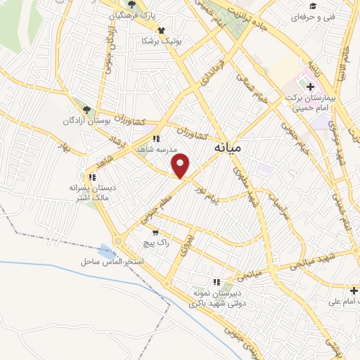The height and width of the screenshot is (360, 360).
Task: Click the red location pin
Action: point(181,165)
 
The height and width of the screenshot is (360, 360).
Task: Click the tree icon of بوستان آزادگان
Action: point(86,110)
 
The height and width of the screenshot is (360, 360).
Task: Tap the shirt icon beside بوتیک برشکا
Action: point(162,30)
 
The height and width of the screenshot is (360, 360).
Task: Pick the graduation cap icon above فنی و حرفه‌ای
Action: point(313,5)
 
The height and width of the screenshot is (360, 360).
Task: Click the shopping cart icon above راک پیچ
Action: point(155,232)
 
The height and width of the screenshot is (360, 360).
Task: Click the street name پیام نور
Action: point(228,194)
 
